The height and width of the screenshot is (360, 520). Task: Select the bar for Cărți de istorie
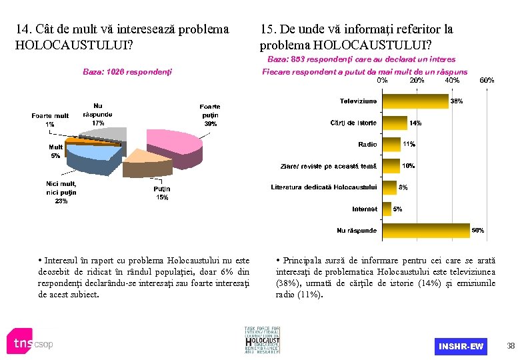click(x=394, y=123)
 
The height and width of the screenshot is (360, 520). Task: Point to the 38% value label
click(x=457, y=101)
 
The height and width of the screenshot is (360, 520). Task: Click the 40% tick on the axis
click(x=451, y=80)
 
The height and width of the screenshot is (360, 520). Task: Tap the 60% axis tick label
click(x=487, y=80)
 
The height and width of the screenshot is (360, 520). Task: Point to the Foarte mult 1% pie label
click(x=50, y=120)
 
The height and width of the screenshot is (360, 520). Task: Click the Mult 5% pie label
click(x=55, y=151)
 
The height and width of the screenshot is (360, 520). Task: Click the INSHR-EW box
click(x=461, y=347)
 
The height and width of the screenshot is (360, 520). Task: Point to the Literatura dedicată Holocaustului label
click(x=323, y=187)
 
